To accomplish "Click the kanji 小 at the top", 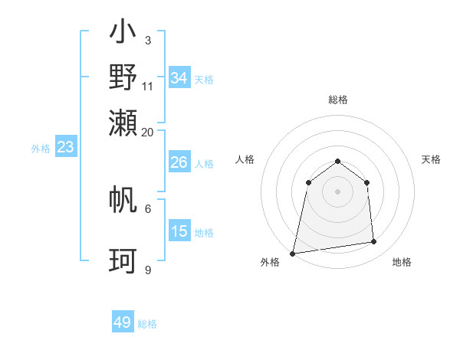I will click(x=123, y=33).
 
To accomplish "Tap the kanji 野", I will click(x=123, y=77).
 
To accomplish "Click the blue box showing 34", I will click(x=179, y=78).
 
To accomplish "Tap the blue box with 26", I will click(x=179, y=162).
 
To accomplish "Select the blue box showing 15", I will click(x=179, y=231).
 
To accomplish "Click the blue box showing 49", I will click(x=123, y=322).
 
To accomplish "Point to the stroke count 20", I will click(x=148, y=133).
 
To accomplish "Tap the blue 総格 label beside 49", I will click(x=148, y=324).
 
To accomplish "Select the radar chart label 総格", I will click(x=337, y=100).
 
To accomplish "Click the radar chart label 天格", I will click(x=432, y=159).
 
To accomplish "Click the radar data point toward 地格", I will click(x=374, y=242).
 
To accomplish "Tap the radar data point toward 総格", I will click(x=337, y=161).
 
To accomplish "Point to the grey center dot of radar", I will click(x=337, y=191).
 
